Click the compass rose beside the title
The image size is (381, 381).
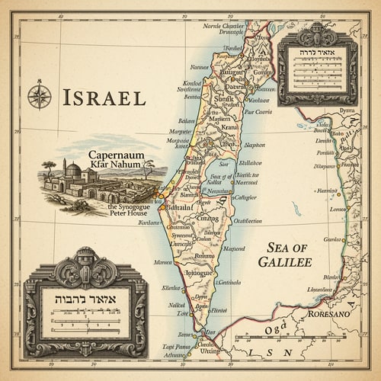coord(39,95)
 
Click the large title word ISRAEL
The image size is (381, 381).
coord(104,98)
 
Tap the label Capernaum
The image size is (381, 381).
coord(117,155)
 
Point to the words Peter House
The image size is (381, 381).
coord(126,213)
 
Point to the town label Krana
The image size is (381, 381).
coord(229,128)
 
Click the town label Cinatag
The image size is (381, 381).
coord(207,218)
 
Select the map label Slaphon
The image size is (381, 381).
coord(255,145)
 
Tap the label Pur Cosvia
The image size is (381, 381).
coord(258,112)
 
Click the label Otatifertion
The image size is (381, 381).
coord(247,221)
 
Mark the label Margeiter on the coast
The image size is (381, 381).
coord(181,131)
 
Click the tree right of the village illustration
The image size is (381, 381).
coord(148,167)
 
